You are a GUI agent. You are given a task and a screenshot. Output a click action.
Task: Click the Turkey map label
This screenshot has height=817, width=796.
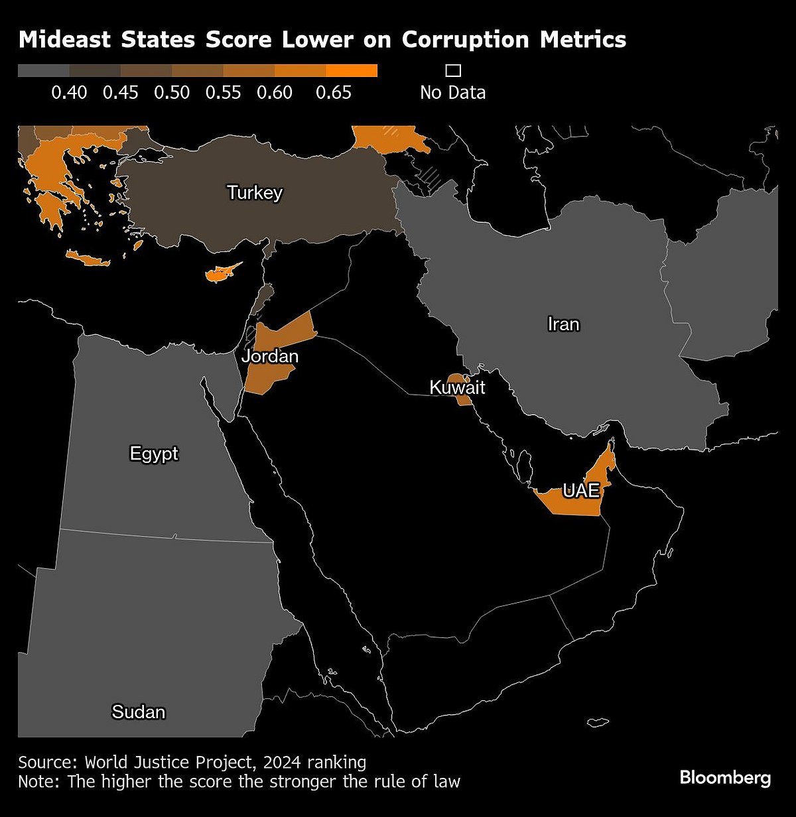pos(255,193)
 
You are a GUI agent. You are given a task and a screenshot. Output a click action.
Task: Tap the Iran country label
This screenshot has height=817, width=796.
pos(563,324)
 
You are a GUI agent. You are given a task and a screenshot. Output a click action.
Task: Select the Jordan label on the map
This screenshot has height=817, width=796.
pos(270,357)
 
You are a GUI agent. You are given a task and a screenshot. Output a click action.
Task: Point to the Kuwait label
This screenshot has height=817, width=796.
pos(458,387)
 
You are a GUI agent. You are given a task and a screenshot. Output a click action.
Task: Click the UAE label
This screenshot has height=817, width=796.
pos(581,491)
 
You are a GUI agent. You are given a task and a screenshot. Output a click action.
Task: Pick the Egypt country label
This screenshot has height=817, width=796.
pos(154,454)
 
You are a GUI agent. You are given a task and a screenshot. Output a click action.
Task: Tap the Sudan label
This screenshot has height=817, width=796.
pos(139,712)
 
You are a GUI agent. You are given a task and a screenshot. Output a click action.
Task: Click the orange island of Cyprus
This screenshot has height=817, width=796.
pos(219,273)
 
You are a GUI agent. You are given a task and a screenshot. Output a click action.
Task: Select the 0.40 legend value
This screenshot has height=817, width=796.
pos(69,92)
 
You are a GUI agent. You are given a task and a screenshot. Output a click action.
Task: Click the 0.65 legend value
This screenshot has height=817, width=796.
pos(333,92)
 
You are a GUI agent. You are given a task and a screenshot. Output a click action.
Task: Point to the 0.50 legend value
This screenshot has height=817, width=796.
pos(172,92)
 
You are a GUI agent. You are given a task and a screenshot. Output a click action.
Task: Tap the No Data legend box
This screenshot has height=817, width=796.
pos(453,71)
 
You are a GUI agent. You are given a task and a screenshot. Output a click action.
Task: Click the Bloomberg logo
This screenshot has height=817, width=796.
pos(726,777)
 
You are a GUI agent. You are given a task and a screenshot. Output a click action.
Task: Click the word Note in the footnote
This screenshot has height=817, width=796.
pos(38,781)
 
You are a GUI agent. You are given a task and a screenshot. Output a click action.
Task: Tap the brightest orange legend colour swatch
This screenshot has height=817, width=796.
pos(352,71)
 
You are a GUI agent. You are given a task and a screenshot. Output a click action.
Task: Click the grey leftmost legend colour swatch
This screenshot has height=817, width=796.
pos(43,71)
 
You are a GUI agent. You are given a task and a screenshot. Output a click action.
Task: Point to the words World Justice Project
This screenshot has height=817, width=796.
pos(169,761)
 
